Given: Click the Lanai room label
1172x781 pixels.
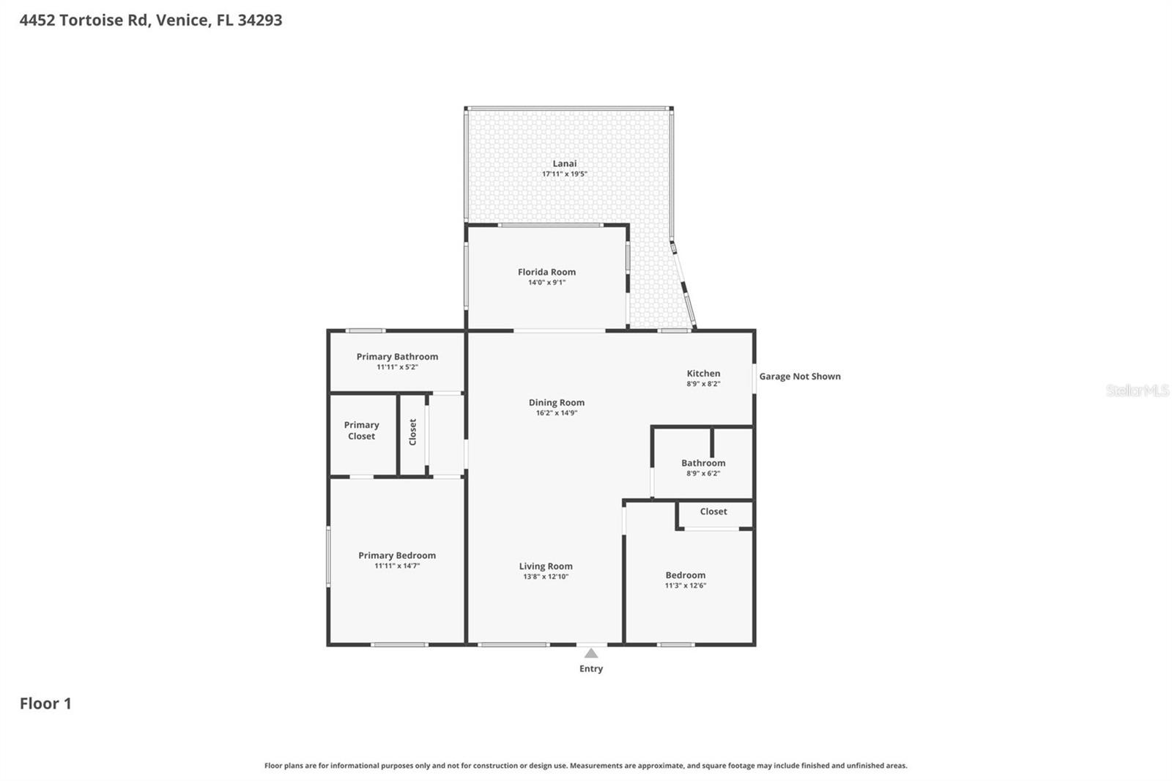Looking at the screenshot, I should [564, 163].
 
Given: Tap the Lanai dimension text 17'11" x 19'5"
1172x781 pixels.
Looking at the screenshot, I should [564, 174].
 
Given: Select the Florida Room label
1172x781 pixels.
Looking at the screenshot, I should [546, 272].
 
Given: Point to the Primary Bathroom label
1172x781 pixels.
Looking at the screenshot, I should [397, 357].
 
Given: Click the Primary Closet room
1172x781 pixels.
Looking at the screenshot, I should [361, 431].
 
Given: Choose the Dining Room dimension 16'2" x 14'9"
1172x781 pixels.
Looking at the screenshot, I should [557, 413].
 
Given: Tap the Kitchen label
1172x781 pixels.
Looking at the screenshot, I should [703, 374].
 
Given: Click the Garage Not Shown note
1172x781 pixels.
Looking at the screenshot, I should [799, 377].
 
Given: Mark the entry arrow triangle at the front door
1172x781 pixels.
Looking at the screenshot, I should [591, 653].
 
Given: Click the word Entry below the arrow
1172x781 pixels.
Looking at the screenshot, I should [591, 669].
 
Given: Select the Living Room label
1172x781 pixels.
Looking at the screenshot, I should [546, 566].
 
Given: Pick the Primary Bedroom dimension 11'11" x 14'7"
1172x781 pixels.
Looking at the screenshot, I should [397, 566].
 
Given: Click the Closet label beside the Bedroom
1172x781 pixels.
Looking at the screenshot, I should [713, 511].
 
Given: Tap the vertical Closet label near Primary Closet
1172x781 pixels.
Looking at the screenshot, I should [412, 432].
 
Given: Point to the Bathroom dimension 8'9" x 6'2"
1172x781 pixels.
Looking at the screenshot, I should [703, 473].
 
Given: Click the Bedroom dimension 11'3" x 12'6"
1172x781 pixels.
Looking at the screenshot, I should [686, 585].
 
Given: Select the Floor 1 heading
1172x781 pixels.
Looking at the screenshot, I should [45, 703].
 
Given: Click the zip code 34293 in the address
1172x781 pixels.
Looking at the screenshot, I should [259, 20].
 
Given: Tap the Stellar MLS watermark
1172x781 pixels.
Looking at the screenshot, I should [1137, 390].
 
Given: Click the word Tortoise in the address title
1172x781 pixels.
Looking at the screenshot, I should [92, 20].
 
